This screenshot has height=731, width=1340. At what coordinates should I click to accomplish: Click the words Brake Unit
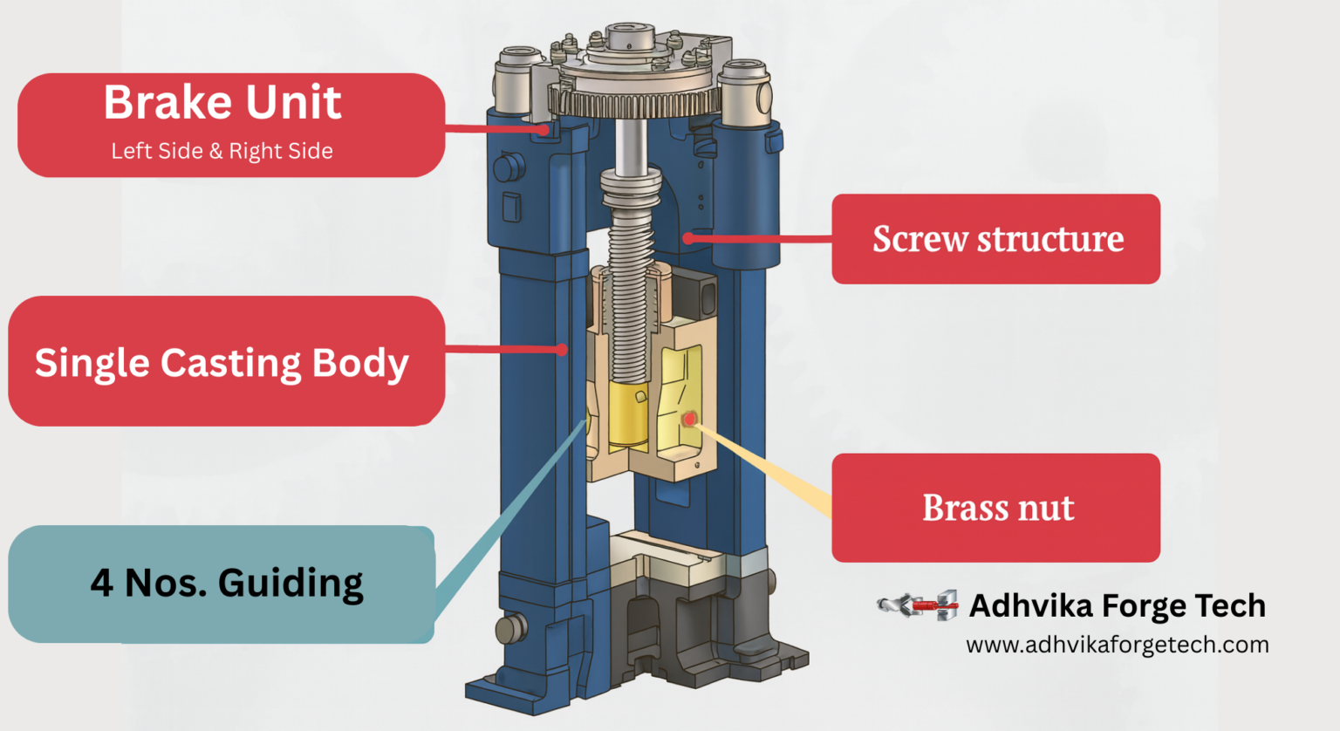[222, 103]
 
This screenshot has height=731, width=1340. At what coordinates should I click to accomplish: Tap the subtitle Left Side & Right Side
[222, 151]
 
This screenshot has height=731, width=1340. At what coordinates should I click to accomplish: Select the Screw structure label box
[995, 239]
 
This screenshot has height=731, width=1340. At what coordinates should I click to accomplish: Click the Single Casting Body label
[222, 362]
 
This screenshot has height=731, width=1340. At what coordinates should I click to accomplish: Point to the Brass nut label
[995, 508]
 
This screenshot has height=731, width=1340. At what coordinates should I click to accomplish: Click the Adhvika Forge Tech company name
[1117, 605]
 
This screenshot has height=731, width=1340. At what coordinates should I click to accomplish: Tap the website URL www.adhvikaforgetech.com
[1117, 646]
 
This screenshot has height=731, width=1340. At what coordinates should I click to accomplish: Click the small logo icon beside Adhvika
[918, 605]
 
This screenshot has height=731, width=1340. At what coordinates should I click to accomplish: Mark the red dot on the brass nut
[689, 420]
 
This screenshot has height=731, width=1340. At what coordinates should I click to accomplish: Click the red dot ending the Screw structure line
[688, 238]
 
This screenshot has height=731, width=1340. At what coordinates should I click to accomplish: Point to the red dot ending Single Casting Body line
[563, 350]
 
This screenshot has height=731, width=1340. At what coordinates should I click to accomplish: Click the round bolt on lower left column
[511, 627]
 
